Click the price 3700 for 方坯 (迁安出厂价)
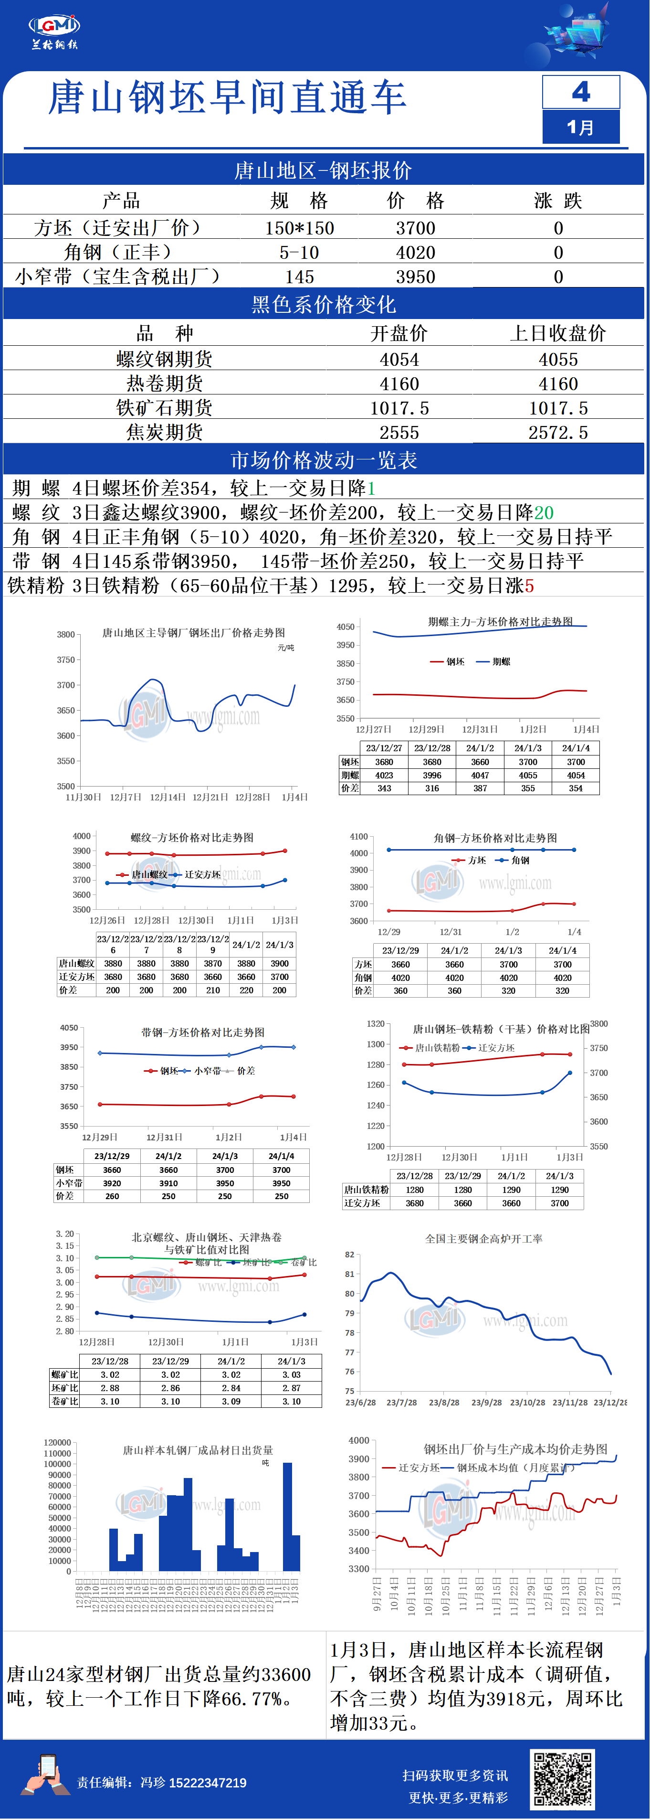point(415,228)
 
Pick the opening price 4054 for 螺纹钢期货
point(399,360)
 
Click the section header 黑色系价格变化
point(324,304)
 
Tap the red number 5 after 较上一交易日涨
point(529,586)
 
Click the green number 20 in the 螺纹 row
point(544,512)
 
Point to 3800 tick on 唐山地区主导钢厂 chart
point(66,634)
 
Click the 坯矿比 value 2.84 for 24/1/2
point(231,1388)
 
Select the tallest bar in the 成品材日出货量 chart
point(287,1516)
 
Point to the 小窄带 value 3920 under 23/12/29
point(112,1183)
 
